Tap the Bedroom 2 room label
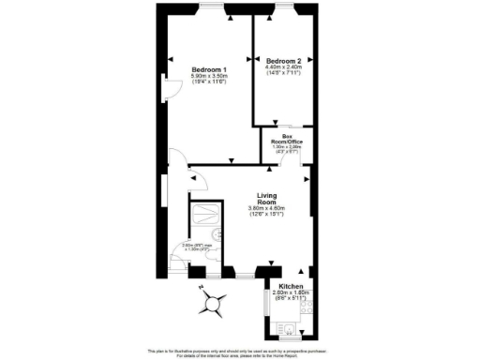(x=283, y=57)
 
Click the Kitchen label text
(x=290, y=285)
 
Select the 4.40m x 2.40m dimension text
(x=283, y=66)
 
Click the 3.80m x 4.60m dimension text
(x=266, y=208)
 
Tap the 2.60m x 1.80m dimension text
(x=290, y=292)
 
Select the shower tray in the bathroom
(x=203, y=215)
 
